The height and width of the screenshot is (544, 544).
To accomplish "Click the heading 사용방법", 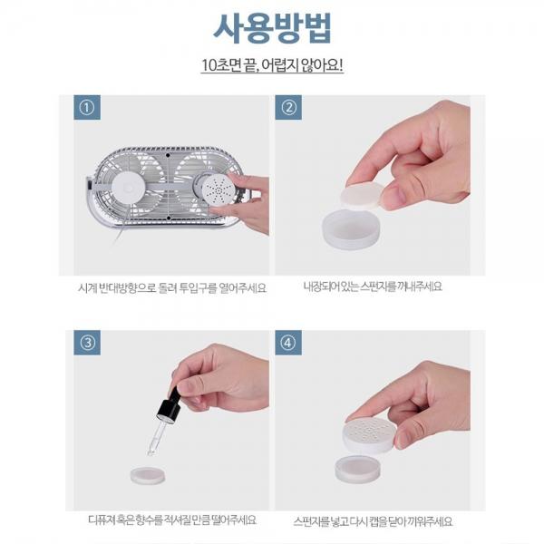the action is click(272, 28).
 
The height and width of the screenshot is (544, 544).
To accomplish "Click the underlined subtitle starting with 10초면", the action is click(272, 65).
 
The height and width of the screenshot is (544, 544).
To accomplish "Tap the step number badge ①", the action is click(87, 108).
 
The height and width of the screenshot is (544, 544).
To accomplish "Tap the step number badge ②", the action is click(288, 108).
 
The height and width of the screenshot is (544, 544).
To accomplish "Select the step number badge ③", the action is click(87, 343).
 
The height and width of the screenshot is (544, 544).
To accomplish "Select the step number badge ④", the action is click(288, 343).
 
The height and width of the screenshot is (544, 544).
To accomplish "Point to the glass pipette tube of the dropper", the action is click(157, 437).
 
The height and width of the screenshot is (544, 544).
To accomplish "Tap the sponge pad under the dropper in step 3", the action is click(148, 475).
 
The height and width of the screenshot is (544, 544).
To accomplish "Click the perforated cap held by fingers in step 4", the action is click(370, 434).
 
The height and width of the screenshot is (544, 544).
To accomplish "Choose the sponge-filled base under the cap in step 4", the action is click(359, 469).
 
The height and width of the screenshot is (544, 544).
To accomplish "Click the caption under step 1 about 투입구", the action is click(172, 288).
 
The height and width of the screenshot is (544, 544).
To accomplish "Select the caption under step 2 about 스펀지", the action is click(373, 287).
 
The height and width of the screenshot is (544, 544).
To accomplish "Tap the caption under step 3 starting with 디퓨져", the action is click(172, 520).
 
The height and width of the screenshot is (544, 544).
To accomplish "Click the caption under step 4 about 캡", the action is click(373, 521).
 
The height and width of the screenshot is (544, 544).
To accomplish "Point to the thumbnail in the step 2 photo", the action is click(396, 198).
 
